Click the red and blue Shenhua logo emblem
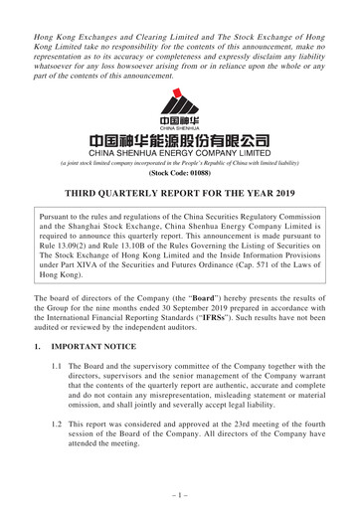pos(180,105)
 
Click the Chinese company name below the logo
pos(180,145)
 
